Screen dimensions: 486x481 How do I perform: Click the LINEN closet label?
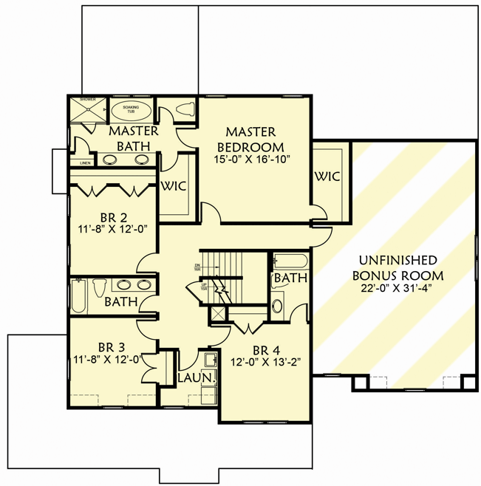coord(85,162)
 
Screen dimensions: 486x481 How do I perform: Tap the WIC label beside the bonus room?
coord(327,177)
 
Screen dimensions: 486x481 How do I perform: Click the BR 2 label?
coord(115,218)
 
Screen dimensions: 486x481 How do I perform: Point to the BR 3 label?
coord(115,346)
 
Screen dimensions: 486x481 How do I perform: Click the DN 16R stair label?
coord(197,267)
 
